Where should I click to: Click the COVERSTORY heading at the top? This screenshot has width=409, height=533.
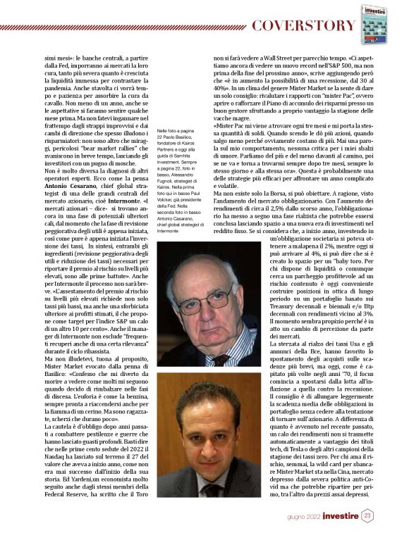coord(304,26)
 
